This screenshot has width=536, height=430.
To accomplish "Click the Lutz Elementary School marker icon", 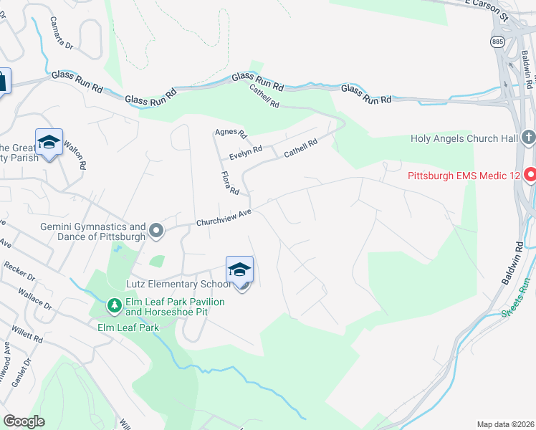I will pyautogui.click(x=239, y=269).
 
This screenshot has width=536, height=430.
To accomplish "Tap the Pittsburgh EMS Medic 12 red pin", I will pyautogui.click(x=530, y=174).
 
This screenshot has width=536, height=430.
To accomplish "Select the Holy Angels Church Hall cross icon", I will pyautogui.click(x=529, y=138).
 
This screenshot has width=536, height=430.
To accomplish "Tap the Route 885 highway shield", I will pyautogui.click(x=497, y=42).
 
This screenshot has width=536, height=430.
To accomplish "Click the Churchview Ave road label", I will pyautogui.click(x=225, y=218).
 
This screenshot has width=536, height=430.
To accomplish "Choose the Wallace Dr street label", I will pyautogui.click(x=38, y=295).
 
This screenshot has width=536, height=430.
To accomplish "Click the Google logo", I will pyautogui.click(x=24, y=421).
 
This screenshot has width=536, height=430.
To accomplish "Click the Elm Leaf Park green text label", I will pyautogui.click(x=128, y=327).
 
